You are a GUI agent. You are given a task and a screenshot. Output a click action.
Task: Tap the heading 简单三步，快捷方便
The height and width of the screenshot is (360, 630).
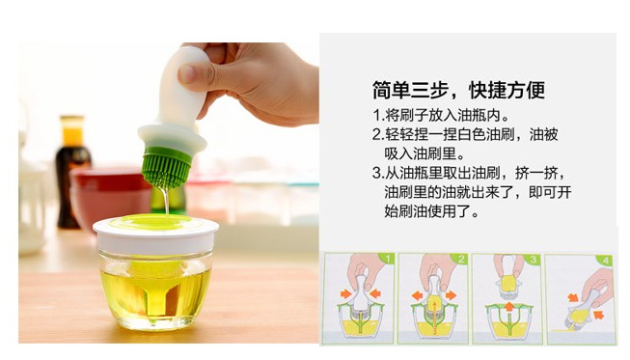[x=458, y=90]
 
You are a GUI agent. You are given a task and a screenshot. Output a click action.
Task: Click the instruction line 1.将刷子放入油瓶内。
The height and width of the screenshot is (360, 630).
[x=442, y=115]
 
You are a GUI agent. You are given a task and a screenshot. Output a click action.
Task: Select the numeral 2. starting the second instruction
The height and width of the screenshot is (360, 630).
[x=378, y=134]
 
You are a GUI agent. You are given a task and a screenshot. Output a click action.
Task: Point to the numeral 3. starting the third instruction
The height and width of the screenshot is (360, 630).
[x=378, y=174]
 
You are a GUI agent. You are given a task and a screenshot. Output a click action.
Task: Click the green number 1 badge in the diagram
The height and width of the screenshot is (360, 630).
[x=388, y=260]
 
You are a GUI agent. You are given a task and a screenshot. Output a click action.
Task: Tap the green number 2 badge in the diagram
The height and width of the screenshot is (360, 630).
[x=461, y=260]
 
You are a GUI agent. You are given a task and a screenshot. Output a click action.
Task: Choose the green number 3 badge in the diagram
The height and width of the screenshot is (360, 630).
[x=534, y=260]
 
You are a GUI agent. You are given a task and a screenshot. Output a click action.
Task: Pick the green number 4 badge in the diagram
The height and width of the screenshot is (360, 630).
[x=606, y=261]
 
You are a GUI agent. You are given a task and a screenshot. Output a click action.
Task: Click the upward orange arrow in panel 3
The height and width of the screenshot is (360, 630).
[x=509, y=307]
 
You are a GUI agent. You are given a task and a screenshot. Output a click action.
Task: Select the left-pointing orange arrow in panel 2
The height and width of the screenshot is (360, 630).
[x=418, y=296]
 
